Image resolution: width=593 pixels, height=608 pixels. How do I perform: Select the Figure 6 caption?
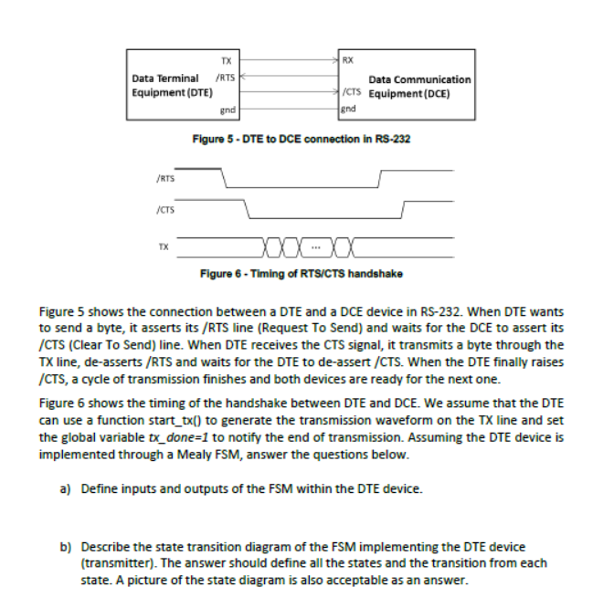(x=302, y=274)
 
